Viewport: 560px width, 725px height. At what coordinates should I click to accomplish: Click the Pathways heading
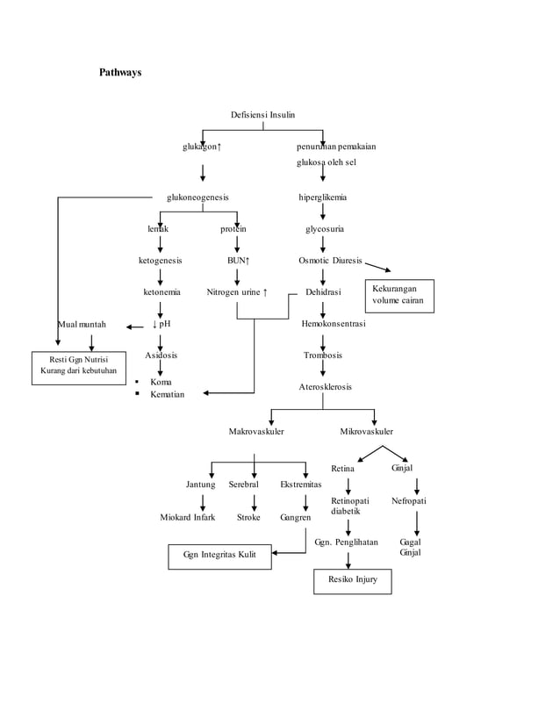pos(119,72)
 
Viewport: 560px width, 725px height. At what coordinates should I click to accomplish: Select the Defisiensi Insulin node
pos(262,115)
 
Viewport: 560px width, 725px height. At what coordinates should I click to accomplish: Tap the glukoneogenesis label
pos(198,197)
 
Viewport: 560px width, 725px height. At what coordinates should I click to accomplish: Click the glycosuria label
pos(324,229)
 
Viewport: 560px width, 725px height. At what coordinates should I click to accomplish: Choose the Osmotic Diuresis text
pos(330,261)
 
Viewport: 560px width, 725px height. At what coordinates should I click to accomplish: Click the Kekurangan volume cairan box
pos(399,295)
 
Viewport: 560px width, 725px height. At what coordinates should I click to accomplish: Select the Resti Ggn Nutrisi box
pos(79,365)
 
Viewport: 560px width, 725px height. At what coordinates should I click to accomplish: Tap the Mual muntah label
pos(83,325)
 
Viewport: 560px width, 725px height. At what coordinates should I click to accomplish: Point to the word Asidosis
pos(161,355)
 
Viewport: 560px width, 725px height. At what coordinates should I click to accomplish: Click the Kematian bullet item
pos(167,395)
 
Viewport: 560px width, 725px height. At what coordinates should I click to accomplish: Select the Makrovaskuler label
pos(255,432)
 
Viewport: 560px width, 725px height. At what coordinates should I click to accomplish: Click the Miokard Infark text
pos(187,517)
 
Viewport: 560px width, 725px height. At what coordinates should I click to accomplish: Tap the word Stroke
pos(248,517)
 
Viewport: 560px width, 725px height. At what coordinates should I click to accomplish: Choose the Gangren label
pos(296,517)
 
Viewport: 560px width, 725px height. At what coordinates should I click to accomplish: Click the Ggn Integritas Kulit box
pos(219,556)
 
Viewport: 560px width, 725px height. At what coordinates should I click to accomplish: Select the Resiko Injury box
pos(353,580)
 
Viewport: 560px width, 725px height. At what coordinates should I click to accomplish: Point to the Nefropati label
pos(409,500)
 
